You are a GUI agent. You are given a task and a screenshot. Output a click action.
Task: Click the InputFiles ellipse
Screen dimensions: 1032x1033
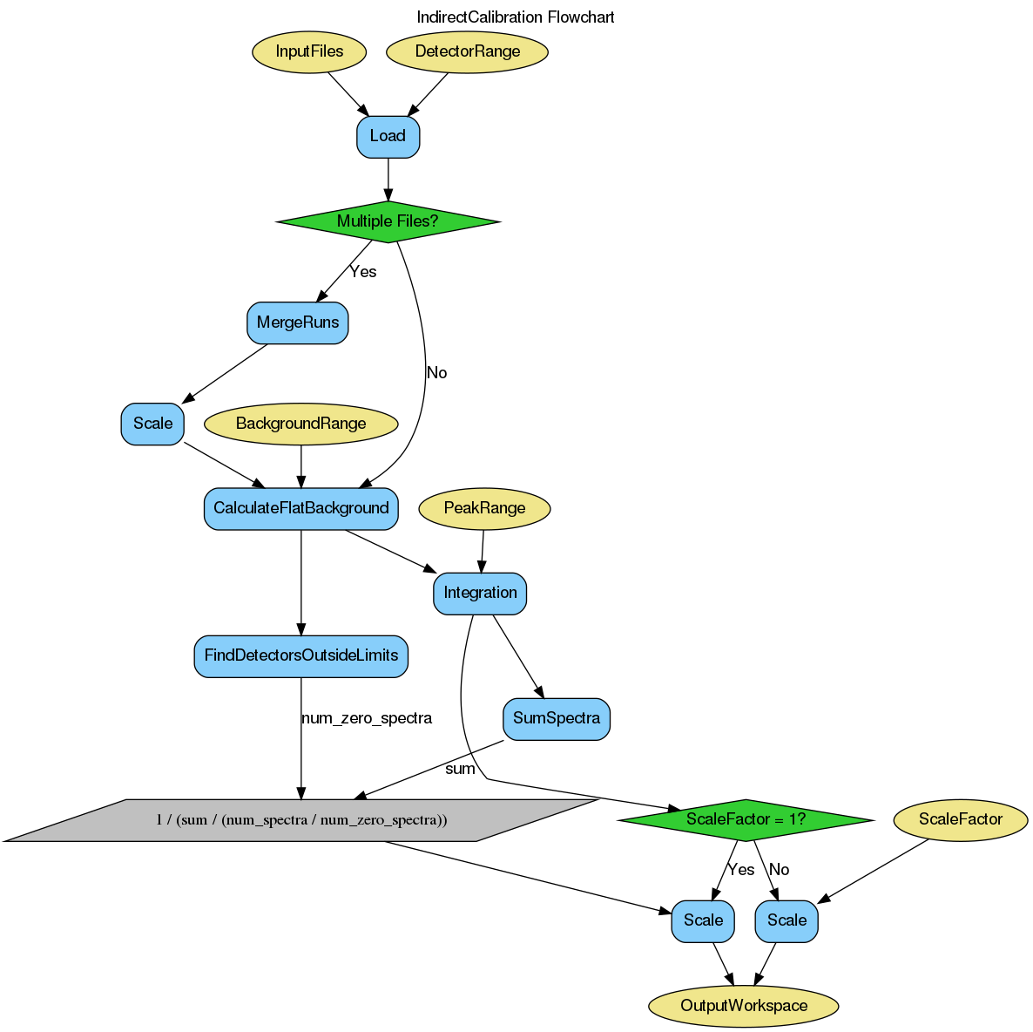coord(309,51)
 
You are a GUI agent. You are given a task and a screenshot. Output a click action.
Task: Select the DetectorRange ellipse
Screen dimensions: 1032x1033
coord(467,51)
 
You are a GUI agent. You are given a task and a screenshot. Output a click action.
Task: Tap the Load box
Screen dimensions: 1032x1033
coord(388,136)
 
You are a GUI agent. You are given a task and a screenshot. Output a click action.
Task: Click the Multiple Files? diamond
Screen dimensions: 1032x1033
coord(388,221)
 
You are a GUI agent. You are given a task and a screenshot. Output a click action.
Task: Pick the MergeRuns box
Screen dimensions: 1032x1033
coord(298,322)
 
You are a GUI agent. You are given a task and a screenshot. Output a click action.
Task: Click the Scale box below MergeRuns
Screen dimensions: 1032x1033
coord(152,424)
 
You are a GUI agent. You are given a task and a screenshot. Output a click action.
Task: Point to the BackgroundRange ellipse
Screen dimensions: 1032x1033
coord(300,424)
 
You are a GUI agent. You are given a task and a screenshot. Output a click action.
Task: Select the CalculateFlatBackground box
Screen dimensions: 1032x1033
coord(300,508)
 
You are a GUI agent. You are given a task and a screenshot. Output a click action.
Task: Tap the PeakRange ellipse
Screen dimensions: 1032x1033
coord(484,508)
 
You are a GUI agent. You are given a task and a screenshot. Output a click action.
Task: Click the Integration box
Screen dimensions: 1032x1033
coord(480,593)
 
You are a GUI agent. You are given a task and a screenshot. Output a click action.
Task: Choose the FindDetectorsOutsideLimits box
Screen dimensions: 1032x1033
coord(300,655)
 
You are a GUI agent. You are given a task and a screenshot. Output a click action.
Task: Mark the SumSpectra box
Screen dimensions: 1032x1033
coord(557,719)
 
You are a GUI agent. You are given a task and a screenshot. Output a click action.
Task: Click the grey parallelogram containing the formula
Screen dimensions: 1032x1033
coord(301,820)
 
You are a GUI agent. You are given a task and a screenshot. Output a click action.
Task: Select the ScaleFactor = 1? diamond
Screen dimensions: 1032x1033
coord(746,819)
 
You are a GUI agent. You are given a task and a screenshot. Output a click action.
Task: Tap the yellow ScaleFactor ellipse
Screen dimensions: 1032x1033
coord(961,819)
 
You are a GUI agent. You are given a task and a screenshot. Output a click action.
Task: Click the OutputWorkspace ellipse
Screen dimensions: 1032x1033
coord(744,1006)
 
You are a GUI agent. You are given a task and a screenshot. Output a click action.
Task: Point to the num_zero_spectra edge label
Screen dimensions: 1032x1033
coord(366,718)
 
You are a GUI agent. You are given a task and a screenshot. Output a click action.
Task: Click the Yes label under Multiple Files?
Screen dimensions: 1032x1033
coord(362,272)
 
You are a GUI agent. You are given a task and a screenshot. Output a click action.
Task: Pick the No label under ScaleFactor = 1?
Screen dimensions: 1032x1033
coord(779,870)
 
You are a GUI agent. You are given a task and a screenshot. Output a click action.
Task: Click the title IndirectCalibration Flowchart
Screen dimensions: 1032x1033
coord(516,17)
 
